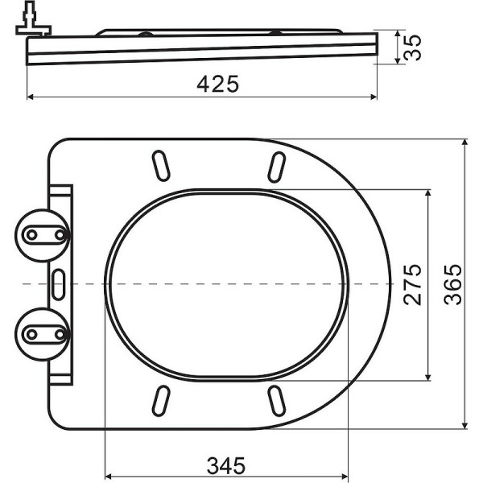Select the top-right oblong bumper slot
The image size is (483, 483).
pyautogui.click(x=277, y=166)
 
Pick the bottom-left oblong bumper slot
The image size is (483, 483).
pyautogui.click(x=161, y=399)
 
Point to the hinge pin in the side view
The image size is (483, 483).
pyautogui.click(x=30, y=21)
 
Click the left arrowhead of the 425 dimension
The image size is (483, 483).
pyautogui.click(x=32, y=97)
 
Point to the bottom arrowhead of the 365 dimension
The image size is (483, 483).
pyautogui.click(x=465, y=424)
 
